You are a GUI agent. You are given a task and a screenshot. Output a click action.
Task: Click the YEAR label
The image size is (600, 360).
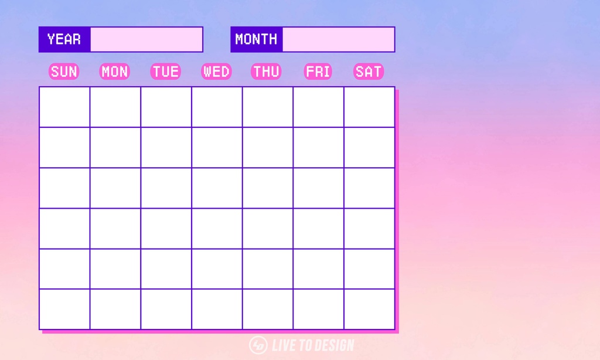64,39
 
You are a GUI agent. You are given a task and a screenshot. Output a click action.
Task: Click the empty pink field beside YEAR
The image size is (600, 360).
146,39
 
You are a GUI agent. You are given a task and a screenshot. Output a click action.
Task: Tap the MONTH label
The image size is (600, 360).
257,39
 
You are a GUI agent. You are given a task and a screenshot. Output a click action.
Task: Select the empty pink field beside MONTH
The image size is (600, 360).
339,39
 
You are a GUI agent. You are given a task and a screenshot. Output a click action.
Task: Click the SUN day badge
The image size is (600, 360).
64,72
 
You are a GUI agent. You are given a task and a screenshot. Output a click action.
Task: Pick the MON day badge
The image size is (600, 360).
115,72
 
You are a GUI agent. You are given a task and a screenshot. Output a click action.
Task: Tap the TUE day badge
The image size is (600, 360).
166,72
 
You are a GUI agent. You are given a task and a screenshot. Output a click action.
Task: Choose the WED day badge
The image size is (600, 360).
217,72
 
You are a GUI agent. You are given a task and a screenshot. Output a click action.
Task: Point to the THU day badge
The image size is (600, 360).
267,72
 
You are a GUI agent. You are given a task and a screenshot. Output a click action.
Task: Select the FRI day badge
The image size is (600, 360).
318,72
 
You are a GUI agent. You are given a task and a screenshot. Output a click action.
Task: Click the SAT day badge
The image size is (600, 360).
369,72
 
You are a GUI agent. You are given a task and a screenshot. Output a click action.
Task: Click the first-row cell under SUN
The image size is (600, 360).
64,107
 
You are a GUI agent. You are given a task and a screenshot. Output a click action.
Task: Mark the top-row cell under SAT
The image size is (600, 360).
369,107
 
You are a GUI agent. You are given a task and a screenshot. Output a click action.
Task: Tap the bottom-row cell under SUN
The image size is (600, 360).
64,309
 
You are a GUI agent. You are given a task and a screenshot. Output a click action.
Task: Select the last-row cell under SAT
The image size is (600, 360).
369,309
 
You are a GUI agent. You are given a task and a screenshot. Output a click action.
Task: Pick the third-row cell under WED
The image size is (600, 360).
217,188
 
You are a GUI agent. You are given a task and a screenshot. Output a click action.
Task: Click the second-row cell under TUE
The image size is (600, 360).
166,147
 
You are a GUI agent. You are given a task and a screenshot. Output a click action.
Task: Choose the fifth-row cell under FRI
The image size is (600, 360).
318,269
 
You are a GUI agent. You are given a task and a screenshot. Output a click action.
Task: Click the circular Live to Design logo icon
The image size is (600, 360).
258,345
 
